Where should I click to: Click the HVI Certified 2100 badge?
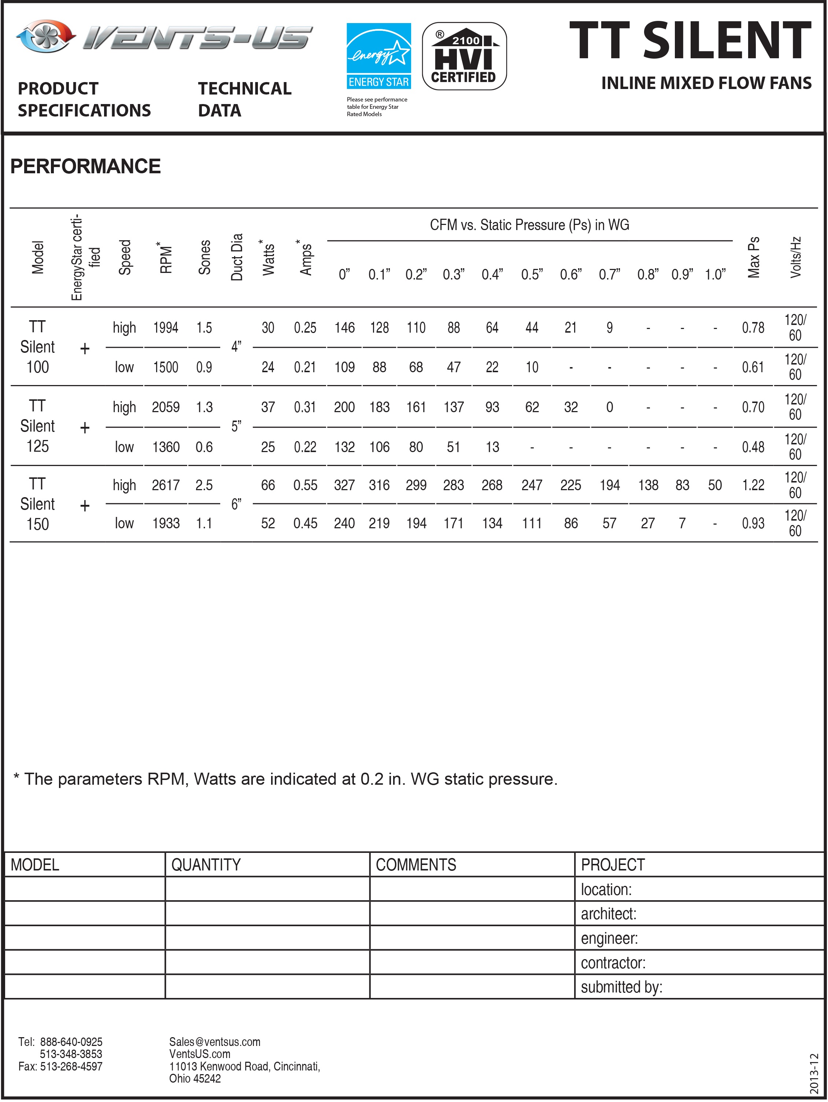[464, 56]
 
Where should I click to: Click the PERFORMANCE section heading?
[85, 166]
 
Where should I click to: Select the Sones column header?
[205, 257]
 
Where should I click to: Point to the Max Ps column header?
[753, 257]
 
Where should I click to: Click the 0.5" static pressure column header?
[532, 274]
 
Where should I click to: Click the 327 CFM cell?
[344, 485]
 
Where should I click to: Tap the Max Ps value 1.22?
[753, 485]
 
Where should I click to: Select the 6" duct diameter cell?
[236, 504]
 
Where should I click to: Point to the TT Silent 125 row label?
[37, 426]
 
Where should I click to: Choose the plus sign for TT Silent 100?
[85, 348]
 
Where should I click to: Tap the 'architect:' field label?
[608, 914]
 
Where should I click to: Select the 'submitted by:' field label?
[621, 987]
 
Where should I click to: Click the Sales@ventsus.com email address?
[215, 1042]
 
